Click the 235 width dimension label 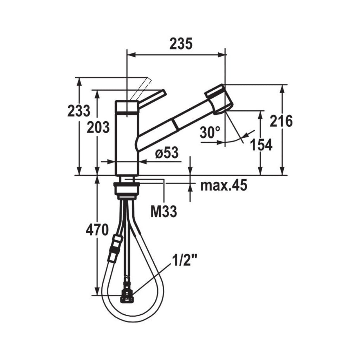181,44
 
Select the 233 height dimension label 79,111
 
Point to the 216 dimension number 281,121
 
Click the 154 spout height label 262,144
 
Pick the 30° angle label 210,133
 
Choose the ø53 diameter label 167,154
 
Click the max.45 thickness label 224,185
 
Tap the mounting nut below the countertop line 127,188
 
